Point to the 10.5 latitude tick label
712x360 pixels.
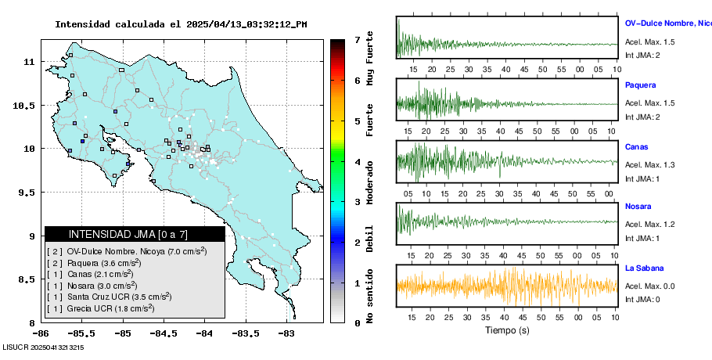tap(27, 105)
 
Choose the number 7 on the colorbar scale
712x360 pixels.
tap(357, 39)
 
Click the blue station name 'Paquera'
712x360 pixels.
tap(640, 85)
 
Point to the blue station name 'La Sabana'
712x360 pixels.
tap(645, 268)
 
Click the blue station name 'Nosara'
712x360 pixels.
tap(638, 207)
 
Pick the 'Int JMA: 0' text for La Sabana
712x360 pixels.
tap(642, 299)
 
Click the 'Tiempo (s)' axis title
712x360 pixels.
tap(507, 330)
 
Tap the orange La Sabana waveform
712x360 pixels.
tap(507, 286)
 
